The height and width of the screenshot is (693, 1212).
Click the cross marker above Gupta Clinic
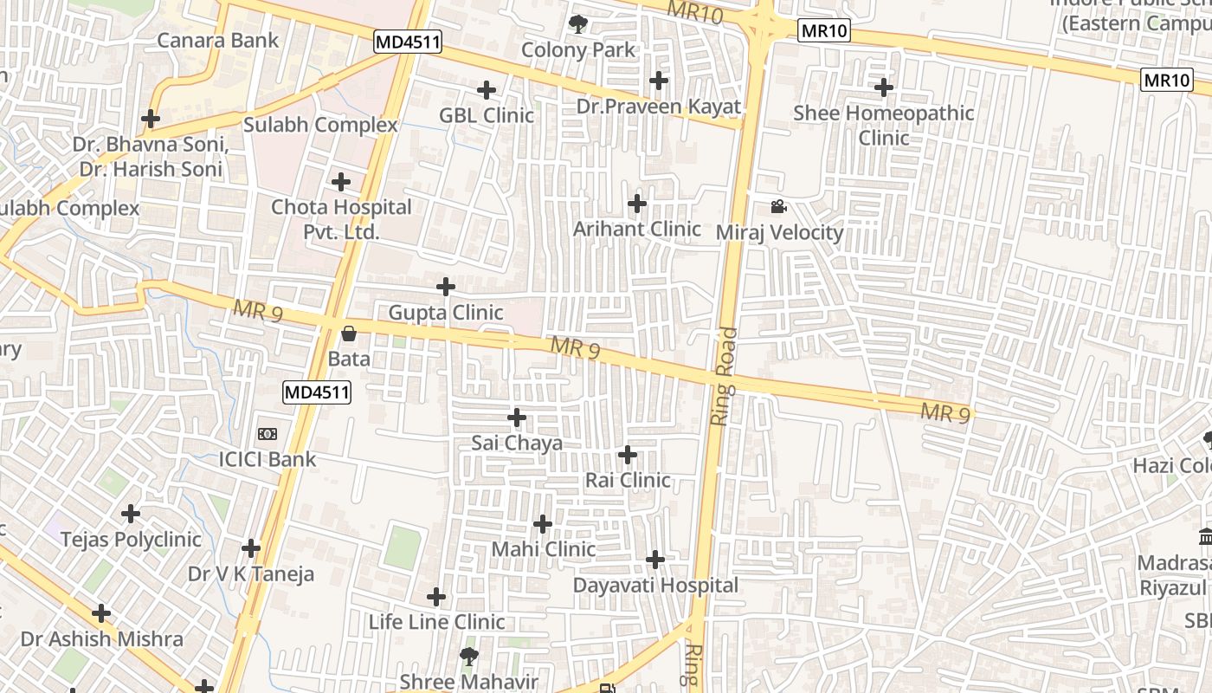point(446,287)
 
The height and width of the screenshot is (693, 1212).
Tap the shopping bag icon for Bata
point(349,333)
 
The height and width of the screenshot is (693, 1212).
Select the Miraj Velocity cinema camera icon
point(778,207)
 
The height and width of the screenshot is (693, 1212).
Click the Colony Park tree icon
point(577,24)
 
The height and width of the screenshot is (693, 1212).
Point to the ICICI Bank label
point(268,459)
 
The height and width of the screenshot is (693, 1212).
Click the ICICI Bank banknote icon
point(268,434)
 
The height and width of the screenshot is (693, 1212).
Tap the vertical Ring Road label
point(723,375)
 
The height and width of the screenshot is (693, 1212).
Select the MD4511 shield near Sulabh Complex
point(409,42)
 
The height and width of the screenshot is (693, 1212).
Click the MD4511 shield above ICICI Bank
point(317,392)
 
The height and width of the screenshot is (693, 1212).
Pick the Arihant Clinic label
point(637,229)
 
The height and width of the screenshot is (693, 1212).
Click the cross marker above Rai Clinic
point(628,455)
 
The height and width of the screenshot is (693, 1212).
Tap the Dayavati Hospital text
point(655,586)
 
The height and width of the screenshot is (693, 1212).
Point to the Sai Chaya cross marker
point(517,418)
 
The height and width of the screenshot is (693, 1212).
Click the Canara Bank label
point(218,40)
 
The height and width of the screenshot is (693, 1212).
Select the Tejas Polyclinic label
point(131,539)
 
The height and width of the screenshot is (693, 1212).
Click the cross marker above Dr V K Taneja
point(251,548)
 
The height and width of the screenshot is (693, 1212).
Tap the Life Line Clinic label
point(437,622)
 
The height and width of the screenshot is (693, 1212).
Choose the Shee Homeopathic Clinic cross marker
point(884,87)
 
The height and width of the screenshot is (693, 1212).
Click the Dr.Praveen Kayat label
point(659,107)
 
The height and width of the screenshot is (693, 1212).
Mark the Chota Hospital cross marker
point(341,182)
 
